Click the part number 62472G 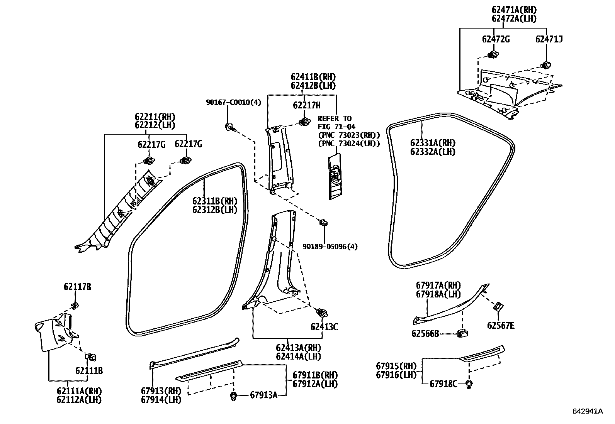[496, 39]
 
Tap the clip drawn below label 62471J [546, 64]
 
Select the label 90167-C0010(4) [234, 102]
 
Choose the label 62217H [306, 105]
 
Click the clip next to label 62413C [321, 313]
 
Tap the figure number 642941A [587, 411]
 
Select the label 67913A [263, 395]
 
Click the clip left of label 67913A [234, 396]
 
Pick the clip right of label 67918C [469, 384]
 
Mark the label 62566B [425, 333]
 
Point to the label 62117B [77, 287]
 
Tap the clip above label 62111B [92, 356]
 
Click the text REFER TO [335, 118]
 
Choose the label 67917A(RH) [438, 285]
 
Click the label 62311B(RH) [215, 201]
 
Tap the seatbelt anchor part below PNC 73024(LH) [335, 177]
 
